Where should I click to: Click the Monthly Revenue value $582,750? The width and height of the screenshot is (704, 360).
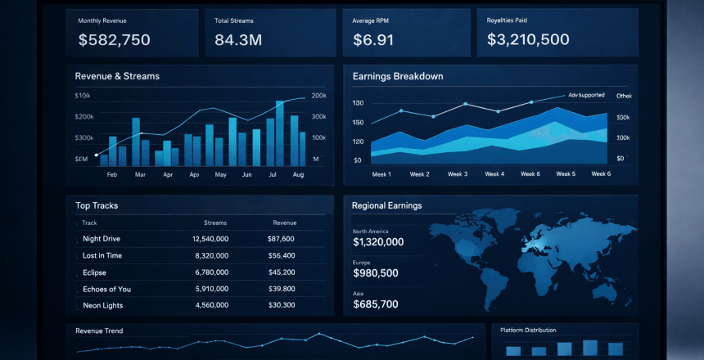coord(114,39)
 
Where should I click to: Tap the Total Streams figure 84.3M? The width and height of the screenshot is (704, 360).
coord(237,39)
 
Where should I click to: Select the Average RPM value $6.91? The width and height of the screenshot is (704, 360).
coord(373,39)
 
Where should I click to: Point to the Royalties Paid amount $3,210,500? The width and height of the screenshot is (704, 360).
coord(528,39)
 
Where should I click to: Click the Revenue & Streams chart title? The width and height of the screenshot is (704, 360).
coord(117,76)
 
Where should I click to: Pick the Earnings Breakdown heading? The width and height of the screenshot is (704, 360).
coord(398,76)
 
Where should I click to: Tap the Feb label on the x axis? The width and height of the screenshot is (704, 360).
coord(112,175)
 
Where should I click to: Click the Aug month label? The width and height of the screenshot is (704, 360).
coord(298,175)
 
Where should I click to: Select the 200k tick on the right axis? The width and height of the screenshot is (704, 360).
coord(319,96)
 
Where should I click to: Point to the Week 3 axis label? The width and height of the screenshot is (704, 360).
coord(457,174)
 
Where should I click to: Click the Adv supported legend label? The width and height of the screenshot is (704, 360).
coord(586,96)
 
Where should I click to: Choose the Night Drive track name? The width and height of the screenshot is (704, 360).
coord(102,239)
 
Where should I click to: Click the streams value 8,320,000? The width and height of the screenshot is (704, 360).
coord(211,255)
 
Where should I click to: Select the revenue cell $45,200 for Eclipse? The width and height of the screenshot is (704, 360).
coord(282,272)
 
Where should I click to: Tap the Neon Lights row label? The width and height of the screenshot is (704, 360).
coord(103,305)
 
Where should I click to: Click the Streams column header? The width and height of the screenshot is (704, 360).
coord(215,223)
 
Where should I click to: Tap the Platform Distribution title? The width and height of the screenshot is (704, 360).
coord(528,331)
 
